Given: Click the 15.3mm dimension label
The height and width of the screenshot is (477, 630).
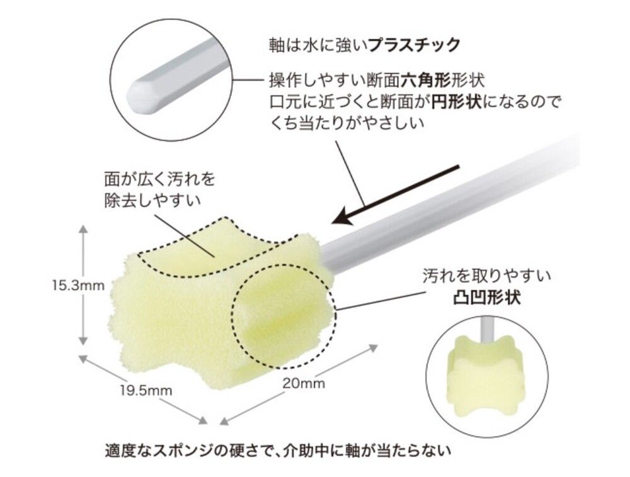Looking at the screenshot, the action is coord(78,286).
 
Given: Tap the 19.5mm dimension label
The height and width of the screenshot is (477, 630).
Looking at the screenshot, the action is coord(146,390).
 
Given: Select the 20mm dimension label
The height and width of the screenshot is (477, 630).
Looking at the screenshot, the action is coord(304,383).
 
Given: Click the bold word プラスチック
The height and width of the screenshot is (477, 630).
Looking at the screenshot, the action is coord(414,45).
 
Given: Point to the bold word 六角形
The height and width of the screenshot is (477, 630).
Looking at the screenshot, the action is coord(425,81).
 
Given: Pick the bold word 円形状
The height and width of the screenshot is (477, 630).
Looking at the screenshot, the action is coord(456,102).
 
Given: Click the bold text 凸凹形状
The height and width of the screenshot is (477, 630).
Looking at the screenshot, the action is coord(486,298).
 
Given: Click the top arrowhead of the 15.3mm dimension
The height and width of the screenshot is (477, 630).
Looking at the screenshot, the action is coord(83,230).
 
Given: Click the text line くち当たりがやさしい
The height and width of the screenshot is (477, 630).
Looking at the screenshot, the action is coord(346,123).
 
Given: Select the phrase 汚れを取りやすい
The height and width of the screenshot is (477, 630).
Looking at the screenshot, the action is coord(486,276).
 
